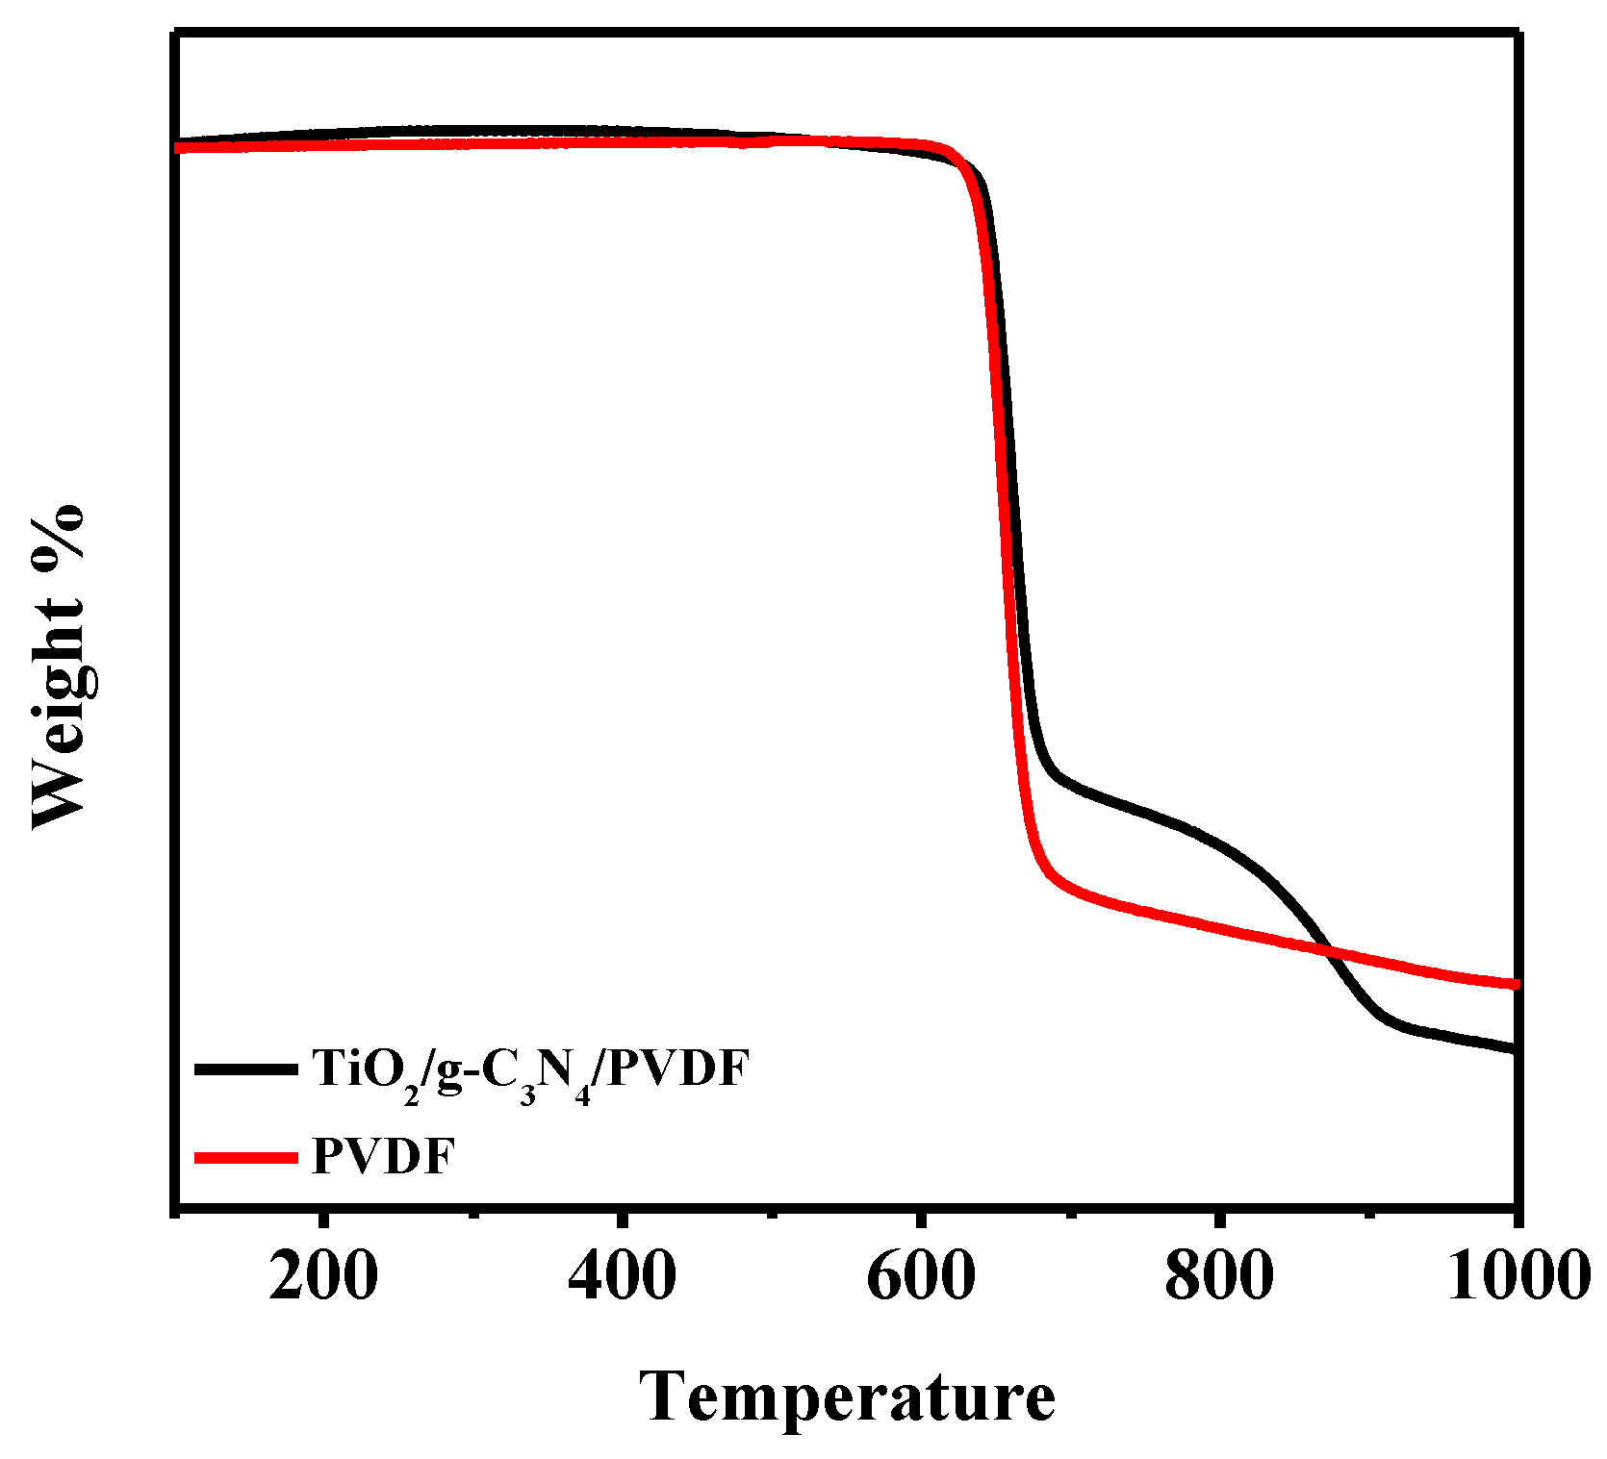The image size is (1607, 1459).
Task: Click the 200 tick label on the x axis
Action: [x=323, y=1278]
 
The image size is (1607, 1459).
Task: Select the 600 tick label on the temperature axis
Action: [x=921, y=1278]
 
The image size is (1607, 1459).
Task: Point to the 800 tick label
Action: [x=1219, y=1278]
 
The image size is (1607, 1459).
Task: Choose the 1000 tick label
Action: [x=1518, y=1278]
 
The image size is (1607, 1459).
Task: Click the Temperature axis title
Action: [x=847, y=1397]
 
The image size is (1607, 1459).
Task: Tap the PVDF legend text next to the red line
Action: [x=382, y=1156]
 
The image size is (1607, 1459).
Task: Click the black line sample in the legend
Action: [x=246, y=1069]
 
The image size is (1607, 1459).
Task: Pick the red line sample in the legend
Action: [x=246, y=1157]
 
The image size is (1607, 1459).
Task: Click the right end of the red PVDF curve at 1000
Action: [x=1515, y=984]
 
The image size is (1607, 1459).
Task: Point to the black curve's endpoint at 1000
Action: [x=1515, y=1049]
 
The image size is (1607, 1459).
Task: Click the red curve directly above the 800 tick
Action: [x=1219, y=927]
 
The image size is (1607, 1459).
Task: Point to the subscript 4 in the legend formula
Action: [x=582, y=1094]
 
